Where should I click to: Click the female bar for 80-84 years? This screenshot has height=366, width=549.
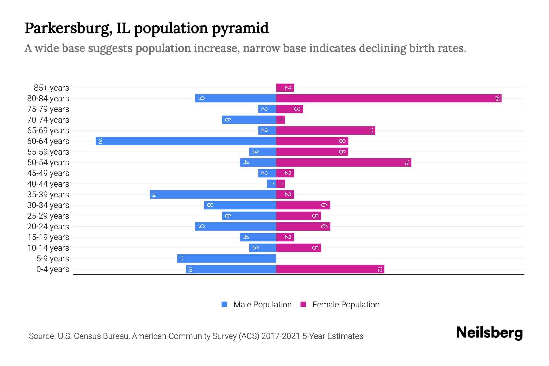pyautogui.click(x=389, y=99)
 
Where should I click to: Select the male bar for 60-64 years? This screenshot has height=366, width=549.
pyautogui.click(x=186, y=141)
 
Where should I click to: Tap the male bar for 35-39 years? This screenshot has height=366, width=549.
pyautogui.click(x=213, y=195)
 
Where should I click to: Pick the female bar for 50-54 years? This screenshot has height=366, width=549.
pyautogui.click(x=343, y=163)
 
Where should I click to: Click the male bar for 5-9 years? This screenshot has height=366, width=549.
pyautogui.click(x=226, y=259)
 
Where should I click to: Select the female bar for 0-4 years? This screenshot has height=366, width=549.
pyautogui.click(x=330, y=269)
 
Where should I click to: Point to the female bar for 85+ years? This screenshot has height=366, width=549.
pyautogui.click(x=285, y=88)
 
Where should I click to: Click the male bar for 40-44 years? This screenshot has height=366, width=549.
pyautogui.click(x=271, y=184)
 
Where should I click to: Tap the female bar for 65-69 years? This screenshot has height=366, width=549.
pyautogui.click(x=325, y=131)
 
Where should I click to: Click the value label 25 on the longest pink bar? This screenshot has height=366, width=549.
pyautogui.click(x=497, y=99)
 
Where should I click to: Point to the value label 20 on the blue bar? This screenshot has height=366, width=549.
pyautogui.click(x=100, y=141)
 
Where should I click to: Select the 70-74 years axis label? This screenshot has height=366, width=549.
pyautogui.click(x=48, y=120)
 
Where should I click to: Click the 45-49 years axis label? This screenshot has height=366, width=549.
pyautogui.click(x=48, y=173)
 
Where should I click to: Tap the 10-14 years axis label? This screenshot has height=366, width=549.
pyautogui.click(x=48, y=248)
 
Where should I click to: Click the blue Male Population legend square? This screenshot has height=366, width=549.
pyautogui.click(x=224, y=304)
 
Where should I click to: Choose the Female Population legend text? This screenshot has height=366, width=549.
pyautogui.click(x=346, y=304)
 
